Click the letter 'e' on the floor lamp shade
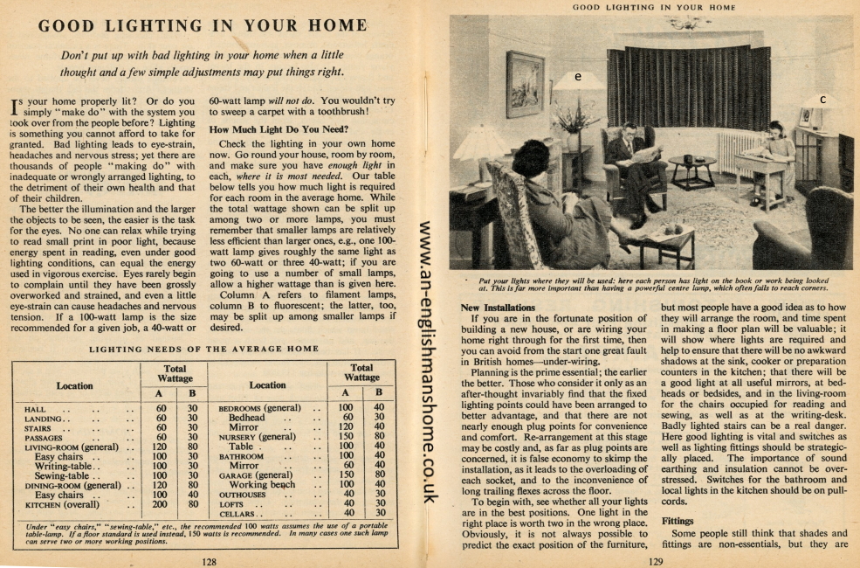click(x=579, y=76)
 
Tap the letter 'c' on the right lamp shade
click(x=822, y=100)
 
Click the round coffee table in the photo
click(x=691, y=167)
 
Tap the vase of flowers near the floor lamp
click(x=574, y=122)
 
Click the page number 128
click(x=210, y=562)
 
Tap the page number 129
click(x=656, y=562)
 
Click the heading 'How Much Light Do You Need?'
click(x=279, y=129)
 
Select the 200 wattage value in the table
click(x=160, y=504)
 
